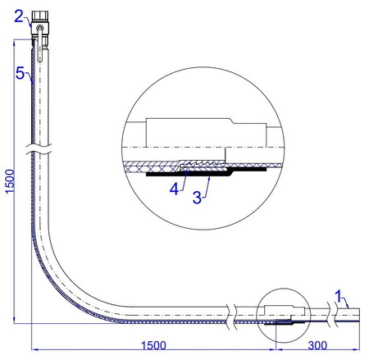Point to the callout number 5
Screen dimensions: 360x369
(x=20, y=72)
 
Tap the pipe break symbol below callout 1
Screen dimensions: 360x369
(x=334, y=313)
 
